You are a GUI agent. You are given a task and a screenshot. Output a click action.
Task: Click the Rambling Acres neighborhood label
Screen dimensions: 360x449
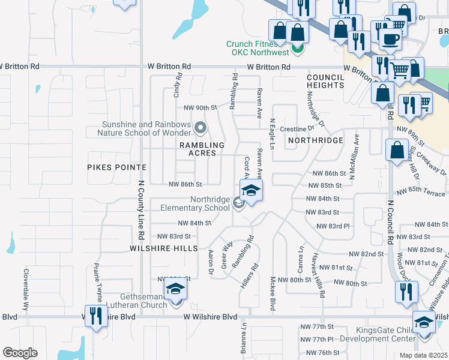[202, 149]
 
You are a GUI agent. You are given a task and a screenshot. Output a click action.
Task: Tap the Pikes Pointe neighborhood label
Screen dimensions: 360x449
[116, 167]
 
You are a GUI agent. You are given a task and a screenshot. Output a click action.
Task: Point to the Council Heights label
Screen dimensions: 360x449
[325, 82]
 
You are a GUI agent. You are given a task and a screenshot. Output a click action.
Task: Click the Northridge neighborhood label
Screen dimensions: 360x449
[315, 140]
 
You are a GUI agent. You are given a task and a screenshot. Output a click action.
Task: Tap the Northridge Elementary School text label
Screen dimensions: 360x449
[195, 203]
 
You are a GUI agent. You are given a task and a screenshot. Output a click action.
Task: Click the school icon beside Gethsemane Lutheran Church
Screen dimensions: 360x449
[175, 290]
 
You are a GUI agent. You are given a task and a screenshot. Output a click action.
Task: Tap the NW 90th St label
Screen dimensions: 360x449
[199, 107]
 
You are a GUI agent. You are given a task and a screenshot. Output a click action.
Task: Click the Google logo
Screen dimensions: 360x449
[20, 353]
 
